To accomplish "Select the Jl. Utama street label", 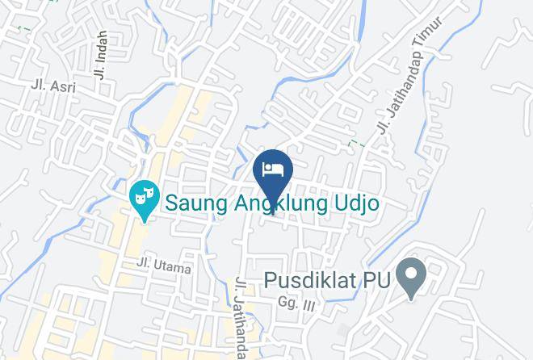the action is coord(164,266).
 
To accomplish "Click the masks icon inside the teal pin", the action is coord(144,194).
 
